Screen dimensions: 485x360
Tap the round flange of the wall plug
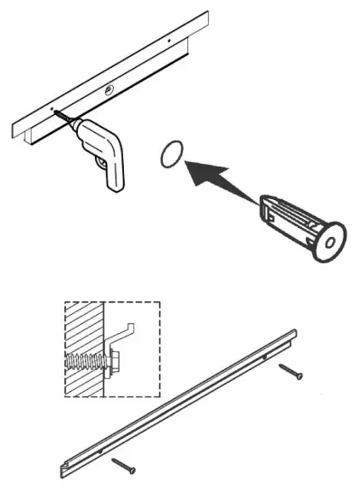pos(327,239)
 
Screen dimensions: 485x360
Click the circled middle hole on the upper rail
pos(109,89)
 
